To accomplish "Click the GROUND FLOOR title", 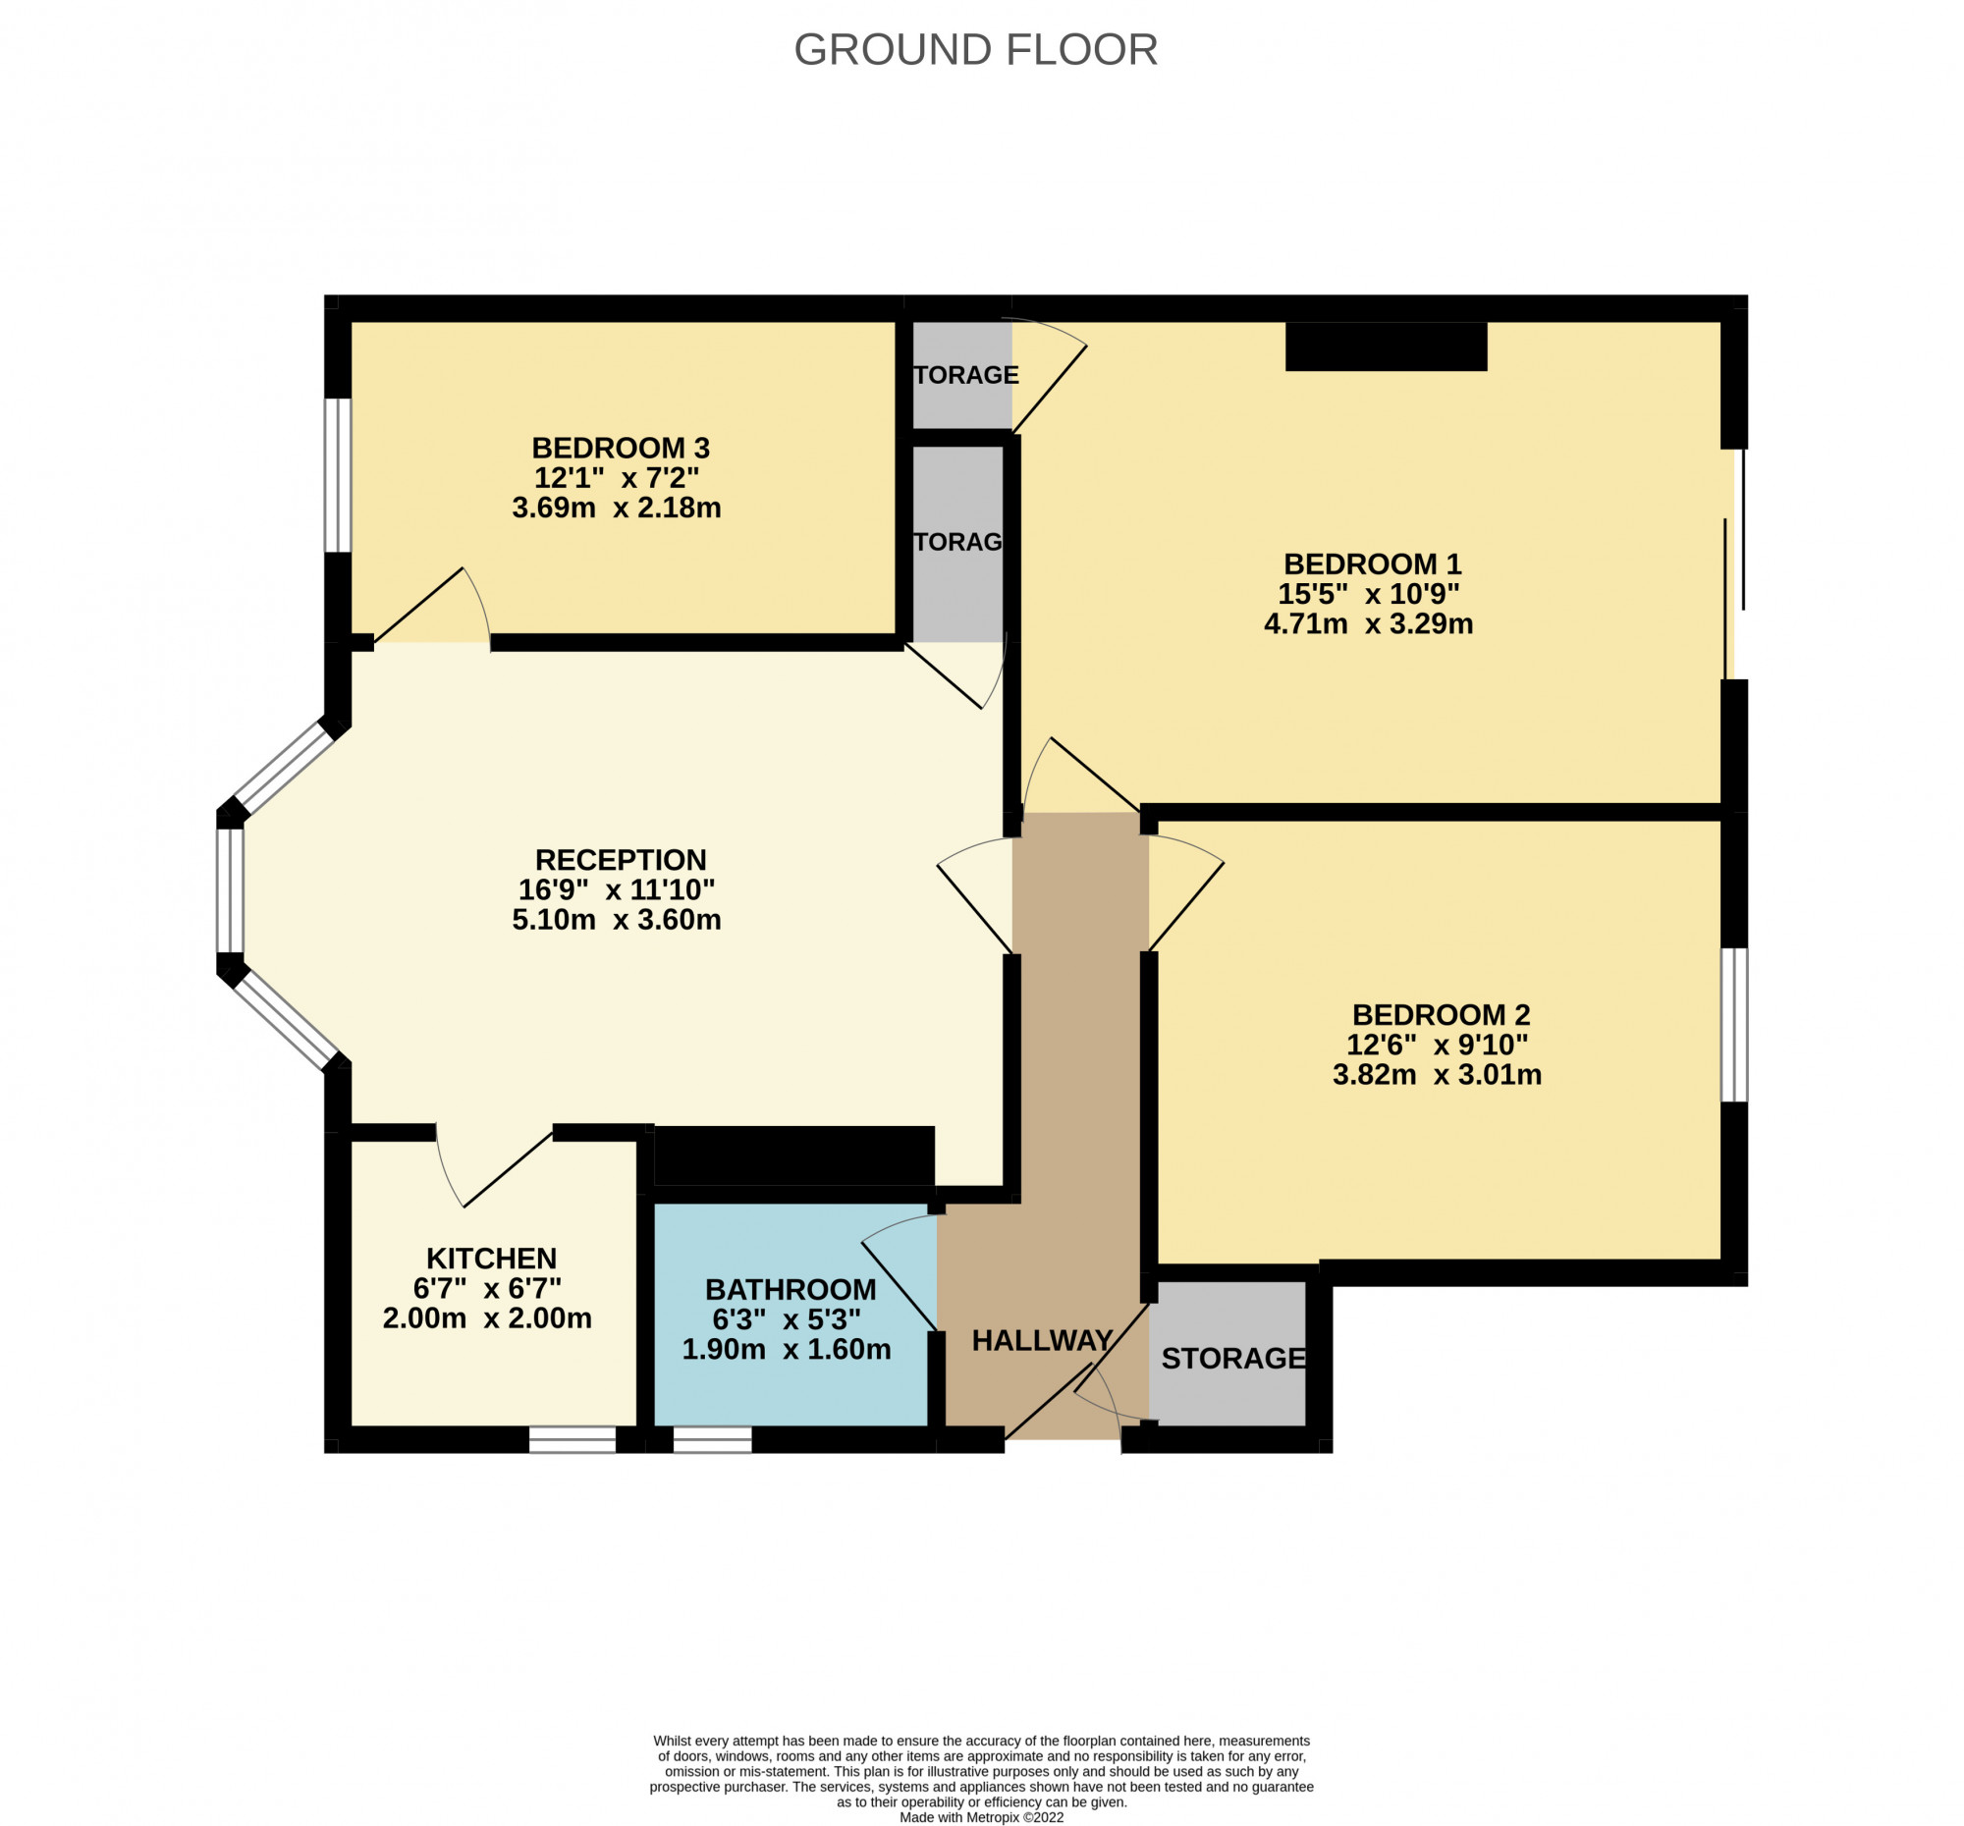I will click(975, 50).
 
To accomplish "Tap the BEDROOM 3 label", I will click(621, 448).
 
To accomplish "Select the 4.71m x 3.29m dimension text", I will click(1368, 624).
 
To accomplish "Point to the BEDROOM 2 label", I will click(1441, 1014).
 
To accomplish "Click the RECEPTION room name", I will click(621, 859).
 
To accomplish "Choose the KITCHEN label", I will click(491, 1259).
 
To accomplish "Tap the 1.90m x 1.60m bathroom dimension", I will click(787, 1349).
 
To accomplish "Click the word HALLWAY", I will click(1042, 1340).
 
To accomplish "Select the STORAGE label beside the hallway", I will click(1233, 1359).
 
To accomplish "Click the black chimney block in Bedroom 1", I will click(1385, 347).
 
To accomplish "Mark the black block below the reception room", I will click(793, 1155).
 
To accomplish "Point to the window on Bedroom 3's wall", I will click(338, 475).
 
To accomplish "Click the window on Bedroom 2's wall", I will click(1734, 1024).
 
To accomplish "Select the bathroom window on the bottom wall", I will click(712, 1440).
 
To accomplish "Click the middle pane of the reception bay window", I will click(230, 889).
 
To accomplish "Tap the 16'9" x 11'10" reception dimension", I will click(617, 889).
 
